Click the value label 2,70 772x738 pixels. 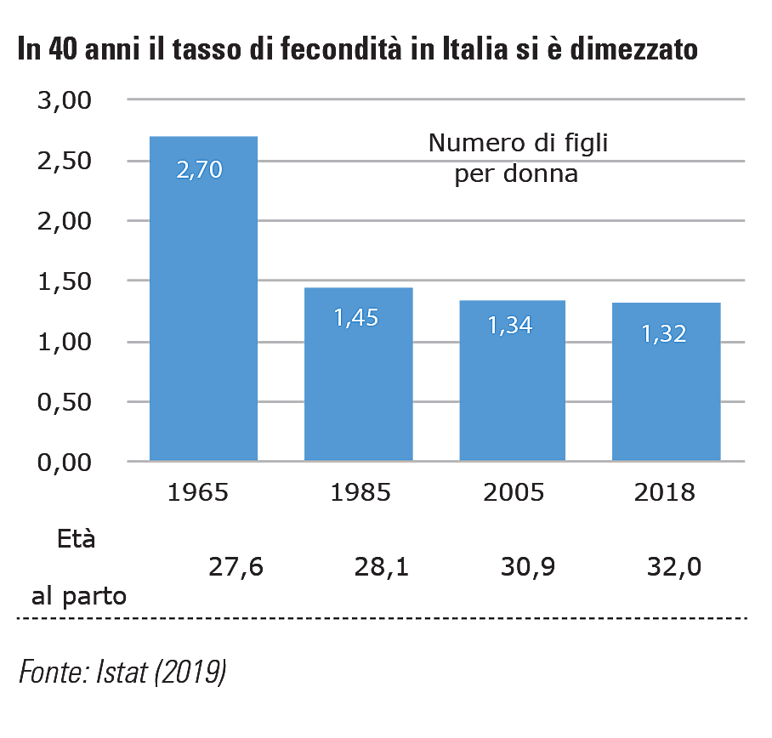pos(199,169)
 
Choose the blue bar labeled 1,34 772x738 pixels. pos(510,391)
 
